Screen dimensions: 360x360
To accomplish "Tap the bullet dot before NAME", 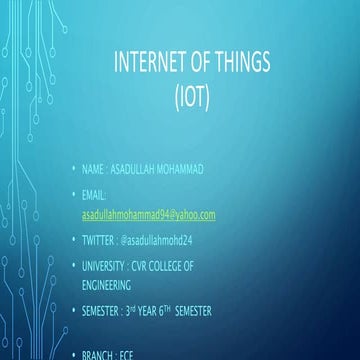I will pyautogui.click(x=73, y=169).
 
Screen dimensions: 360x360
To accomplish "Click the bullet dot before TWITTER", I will pyautogui.click(x=73, y=241).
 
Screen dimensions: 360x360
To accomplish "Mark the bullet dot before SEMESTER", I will pyautogui.click(x=73, y=311).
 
